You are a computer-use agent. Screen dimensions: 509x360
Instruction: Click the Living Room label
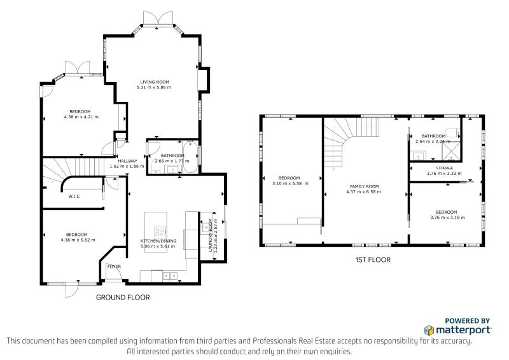pos(155,82)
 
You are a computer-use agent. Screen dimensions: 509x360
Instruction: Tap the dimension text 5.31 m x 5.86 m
pos(154,87)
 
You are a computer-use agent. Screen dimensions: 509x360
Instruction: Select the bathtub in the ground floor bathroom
pos(190,156)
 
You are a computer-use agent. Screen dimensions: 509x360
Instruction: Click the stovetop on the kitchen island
pos(160,232)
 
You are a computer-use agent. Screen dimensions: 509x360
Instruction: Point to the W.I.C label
pos(74,197)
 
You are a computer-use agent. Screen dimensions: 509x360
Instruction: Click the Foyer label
pos(114,267)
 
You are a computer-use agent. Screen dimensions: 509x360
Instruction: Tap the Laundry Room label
pos(210,235)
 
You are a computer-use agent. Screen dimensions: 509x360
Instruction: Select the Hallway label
pos(128,161)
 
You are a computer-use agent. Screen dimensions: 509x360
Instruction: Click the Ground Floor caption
pos(123,297)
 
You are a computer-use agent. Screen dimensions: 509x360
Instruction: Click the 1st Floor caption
pos(373,260)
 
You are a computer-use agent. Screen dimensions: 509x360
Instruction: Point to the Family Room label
pos(364,186)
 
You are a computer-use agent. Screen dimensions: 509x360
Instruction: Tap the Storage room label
pos(444,168)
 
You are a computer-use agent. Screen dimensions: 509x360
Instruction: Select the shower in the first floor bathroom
pos(451,151)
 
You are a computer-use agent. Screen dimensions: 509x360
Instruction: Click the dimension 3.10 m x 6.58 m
pos(290,183)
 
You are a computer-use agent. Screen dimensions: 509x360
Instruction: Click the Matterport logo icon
pos(429,330)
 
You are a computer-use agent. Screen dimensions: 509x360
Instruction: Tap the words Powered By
pos(467,321)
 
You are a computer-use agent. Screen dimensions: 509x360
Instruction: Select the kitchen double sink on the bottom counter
pos(170,276)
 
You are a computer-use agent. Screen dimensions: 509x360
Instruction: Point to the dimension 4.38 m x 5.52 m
pos(78,240)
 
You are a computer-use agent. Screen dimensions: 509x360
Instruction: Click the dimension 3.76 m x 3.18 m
pos(447,218)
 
